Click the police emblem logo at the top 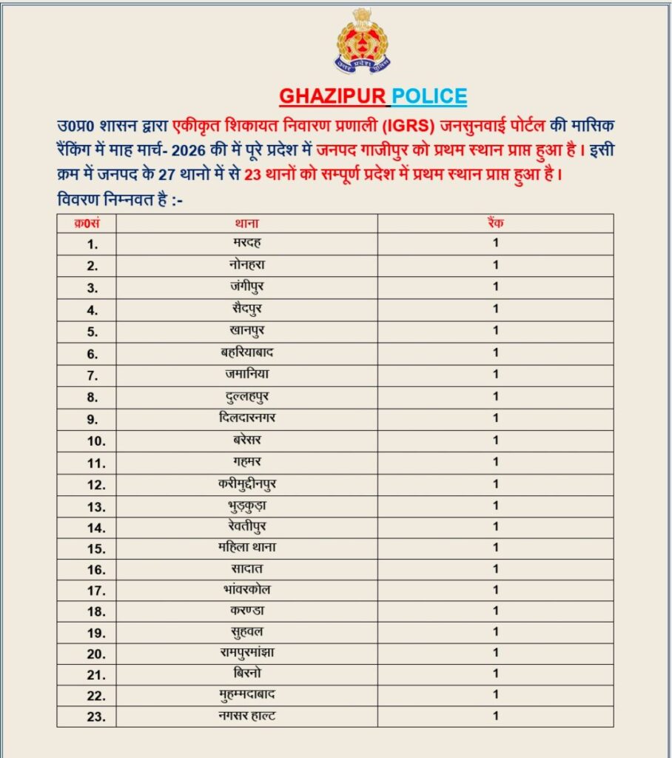(x=363, y=41)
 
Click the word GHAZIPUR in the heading (x=333, y=96)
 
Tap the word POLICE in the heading (x=429, y=96)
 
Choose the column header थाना (x=246, y=223)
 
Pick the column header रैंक (x=495, y=223)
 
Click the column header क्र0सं (x=87, y=223)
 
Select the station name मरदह (x=246, y=243)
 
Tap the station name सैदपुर (x=246, y=309)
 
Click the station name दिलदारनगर (x=246, y=418)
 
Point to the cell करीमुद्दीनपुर (x=246, y=484)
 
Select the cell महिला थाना (x=246, y=547)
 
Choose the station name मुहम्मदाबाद (x=246, y=694)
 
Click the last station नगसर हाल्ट (x=246, y=716)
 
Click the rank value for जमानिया (x=496, y=375)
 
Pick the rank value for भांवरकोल (x=496, y=590)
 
